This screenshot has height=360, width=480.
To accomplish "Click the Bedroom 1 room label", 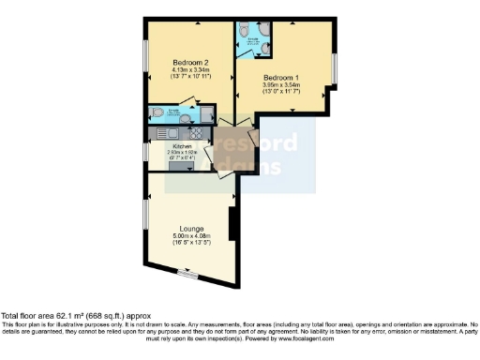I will [x=280, y=77].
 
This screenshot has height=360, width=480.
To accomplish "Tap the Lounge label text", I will [x=192, y=227].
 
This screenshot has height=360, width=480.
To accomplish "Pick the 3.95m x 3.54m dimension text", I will [x=280, y=85].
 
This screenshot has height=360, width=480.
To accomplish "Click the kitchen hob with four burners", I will [x=208, y=133].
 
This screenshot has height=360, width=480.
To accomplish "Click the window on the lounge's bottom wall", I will [x=188, y=274].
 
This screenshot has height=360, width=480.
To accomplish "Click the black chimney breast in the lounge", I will [x=232, y=225].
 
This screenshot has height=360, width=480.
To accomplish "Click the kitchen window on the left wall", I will [x=145, y=153].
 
